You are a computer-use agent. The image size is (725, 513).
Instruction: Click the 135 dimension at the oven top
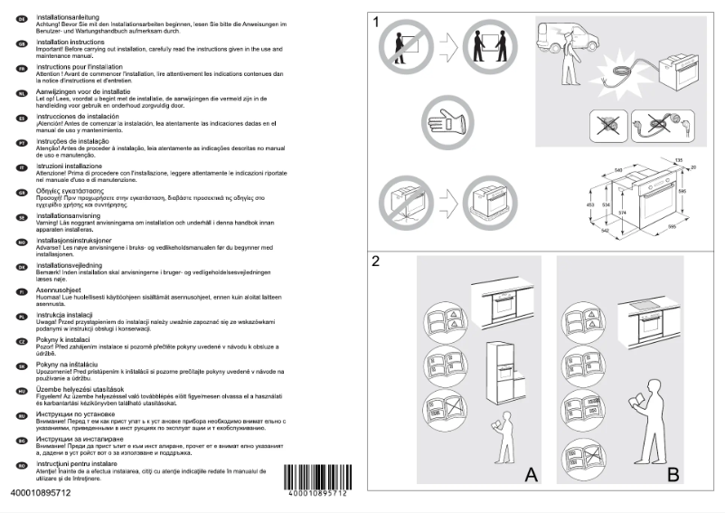click(678, 161)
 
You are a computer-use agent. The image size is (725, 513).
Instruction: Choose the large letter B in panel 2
click(672, 473)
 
